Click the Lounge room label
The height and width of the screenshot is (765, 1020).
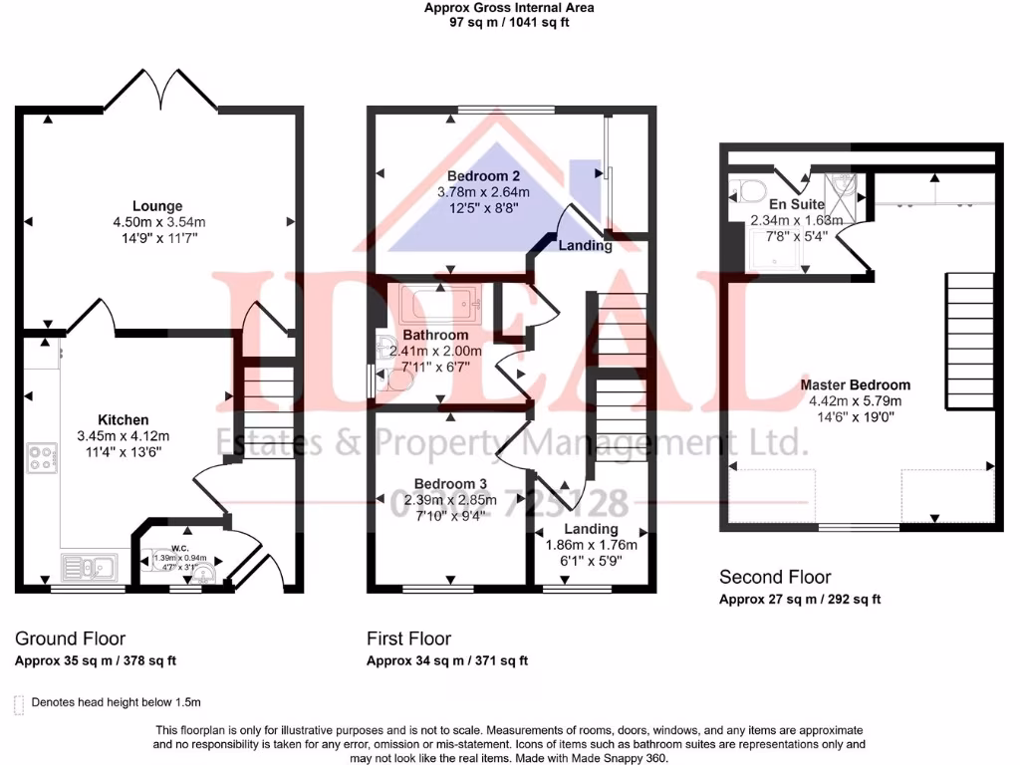point(158,206)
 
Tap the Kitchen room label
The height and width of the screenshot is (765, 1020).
point(123,419)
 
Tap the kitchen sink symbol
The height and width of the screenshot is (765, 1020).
point(90,568)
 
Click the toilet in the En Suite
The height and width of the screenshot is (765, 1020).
point(748,190)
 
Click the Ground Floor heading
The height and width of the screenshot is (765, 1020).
point(71,638)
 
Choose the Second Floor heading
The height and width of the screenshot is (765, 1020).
point(775,577)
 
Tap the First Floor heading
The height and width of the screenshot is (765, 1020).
point(408,638)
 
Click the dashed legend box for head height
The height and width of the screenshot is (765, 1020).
point(19,703)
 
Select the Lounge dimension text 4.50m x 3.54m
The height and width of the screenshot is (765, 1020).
point(158,222)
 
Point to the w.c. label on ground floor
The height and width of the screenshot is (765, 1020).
point(179,547)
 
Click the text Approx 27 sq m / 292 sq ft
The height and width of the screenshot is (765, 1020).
point(800,600)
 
